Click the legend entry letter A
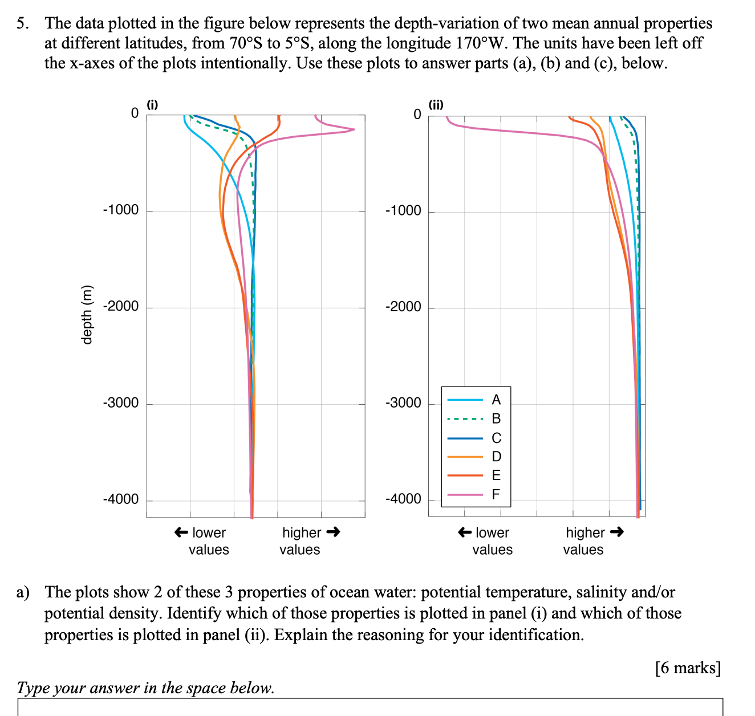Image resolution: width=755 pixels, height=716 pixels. click(496, 400)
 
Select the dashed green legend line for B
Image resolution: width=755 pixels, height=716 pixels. click(465, 419)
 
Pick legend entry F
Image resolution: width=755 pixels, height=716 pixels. click(496, 494)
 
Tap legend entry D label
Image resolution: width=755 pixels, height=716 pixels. click(496, 457)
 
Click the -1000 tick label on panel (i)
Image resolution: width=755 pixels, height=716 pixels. click(121, 210)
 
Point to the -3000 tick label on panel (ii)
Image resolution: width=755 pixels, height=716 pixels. click(403, 404)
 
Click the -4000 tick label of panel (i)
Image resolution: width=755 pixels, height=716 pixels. click(121, 499)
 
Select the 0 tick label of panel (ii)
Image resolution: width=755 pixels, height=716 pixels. click(417, 115)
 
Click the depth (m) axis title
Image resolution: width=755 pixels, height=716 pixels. click(87, 314)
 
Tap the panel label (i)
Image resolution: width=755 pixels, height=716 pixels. click(152, 105)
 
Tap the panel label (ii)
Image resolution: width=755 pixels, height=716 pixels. click(436, 105)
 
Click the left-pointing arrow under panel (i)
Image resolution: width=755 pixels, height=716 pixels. click(181, 532)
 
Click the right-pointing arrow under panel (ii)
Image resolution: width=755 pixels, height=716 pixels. click(616, 532)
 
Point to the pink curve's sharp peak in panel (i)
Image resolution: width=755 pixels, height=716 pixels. click(353, 129)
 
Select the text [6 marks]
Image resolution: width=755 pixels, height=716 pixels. click(688, 668)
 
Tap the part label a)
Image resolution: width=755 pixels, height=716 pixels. click(23, 592)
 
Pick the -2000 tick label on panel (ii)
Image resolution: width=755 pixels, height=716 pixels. click(403, 307)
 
